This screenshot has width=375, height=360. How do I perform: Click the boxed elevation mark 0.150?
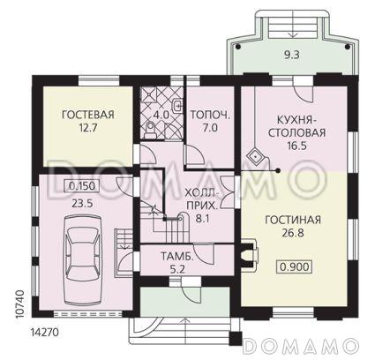pyautogui.click(x=84, y=186)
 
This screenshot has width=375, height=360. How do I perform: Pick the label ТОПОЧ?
pyautogui.click(x=208, y=115)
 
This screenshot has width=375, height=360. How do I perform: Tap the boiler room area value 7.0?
pyautogui.click(x=209, y=128)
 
